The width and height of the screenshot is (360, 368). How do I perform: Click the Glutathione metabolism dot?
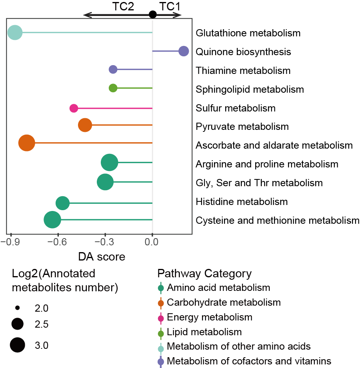[x=15, y=33]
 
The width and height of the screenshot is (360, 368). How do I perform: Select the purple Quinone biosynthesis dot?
[x=184, y=51]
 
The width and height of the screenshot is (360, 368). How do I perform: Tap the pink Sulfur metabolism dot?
[x=74, y=108]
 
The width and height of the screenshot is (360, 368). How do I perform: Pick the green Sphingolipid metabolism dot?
[x=113, y=88]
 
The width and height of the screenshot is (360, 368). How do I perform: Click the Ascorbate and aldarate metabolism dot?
[x=27, y=143]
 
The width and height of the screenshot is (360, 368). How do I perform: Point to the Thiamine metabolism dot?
[x=113, y=70]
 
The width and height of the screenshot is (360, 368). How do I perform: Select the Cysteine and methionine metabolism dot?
[x=52, y=220]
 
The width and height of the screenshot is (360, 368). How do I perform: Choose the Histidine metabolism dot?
[x=63, y=203]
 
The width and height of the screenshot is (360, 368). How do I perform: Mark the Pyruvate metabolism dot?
[x=85, y=125]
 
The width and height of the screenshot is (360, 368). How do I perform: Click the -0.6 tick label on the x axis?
[x=57, y=242]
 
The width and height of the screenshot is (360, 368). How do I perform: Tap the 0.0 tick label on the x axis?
[x=152, y=242]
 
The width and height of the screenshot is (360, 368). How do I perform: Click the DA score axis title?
[x=102, y=257]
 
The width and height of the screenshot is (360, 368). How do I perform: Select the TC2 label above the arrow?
[x=123, y=6]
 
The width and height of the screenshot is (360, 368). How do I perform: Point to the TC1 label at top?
[x=170, y=6]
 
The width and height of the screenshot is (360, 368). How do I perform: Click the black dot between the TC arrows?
[x=153, y=14]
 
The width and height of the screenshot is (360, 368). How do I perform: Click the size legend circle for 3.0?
[x=17, y=345]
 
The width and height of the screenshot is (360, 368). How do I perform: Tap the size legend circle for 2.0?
[x=17, y=308]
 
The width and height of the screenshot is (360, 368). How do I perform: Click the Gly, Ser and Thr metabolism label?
[x=259, y=183]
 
